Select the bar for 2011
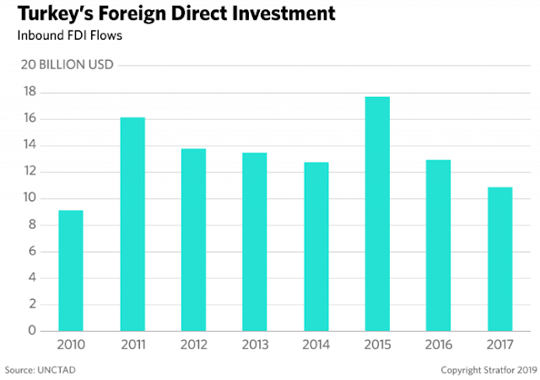click(132, 224)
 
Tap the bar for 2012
click(193, 240)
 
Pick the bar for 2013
click(255, 242)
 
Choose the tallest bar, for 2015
click(377, 214)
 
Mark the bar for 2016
click(438, 245)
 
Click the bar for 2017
click(499, 258)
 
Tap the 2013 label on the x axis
click(255, 344)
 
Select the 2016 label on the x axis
click(438, 344)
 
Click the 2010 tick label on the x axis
click(71, 344)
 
